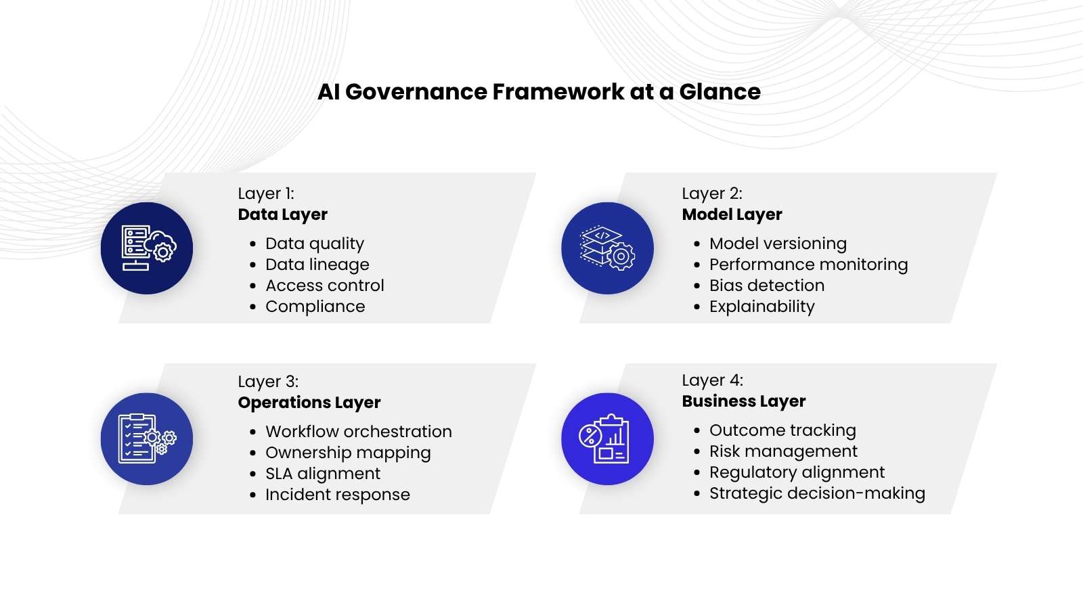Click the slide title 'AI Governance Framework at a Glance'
coord(539,92)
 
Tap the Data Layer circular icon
coord(147,248)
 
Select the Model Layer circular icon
coord(607,248)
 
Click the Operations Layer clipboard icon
coord(147,438)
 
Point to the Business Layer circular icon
coord(607,438)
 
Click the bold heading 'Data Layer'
coord(282,215)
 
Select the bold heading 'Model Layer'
coord(732,215)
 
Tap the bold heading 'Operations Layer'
coord(309,403)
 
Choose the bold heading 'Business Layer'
coord(743,401)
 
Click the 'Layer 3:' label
coord(268,382)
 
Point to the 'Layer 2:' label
coord(712,194)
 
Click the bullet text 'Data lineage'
coord(317,265)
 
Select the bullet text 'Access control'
coord(325,286)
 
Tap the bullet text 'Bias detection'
coord(767,286)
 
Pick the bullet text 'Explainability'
coord(762,307)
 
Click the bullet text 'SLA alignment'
coord(323,474)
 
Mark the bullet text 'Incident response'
coord(338,495)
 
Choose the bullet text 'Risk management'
coord(783,451)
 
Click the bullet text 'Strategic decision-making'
coord(817,493)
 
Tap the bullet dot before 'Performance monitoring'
coord(697,265)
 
